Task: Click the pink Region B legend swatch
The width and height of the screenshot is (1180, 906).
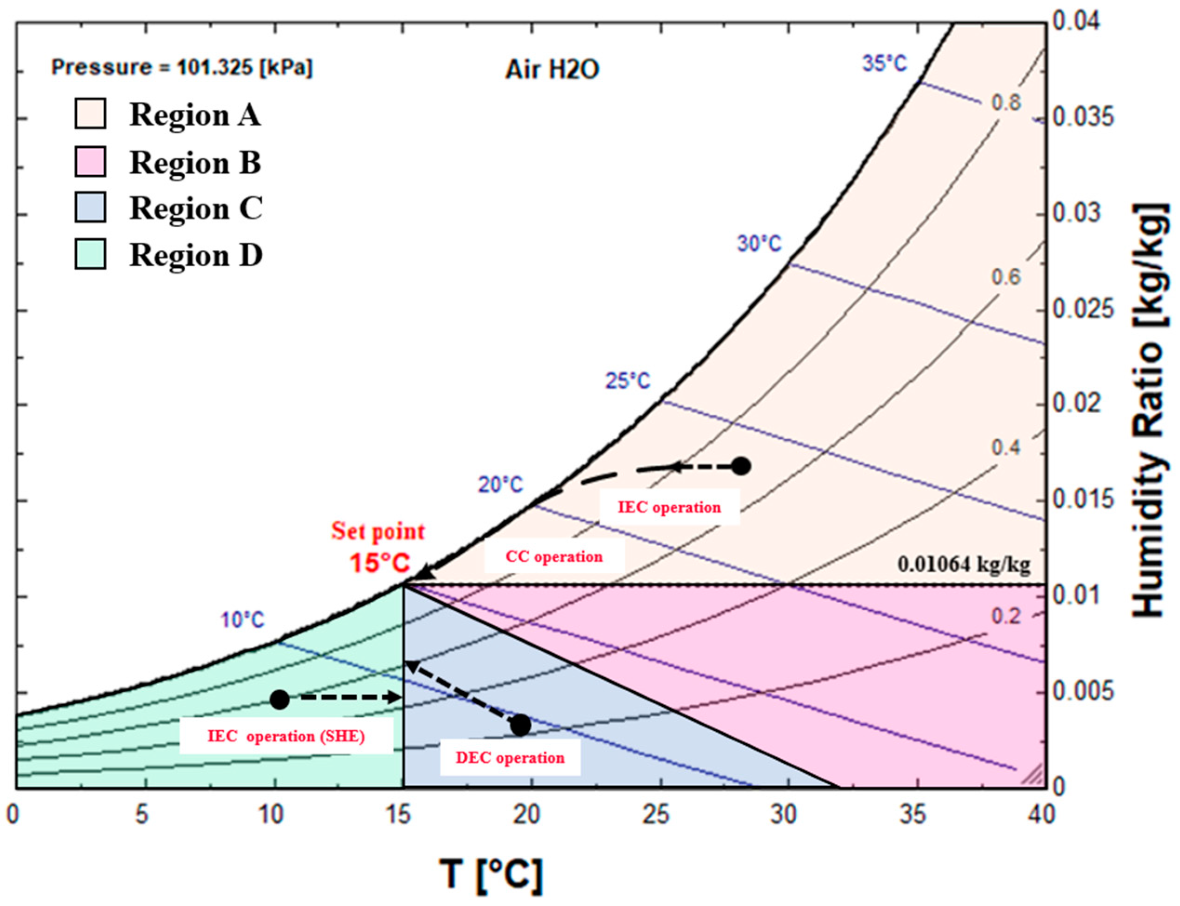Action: tap(90, 161)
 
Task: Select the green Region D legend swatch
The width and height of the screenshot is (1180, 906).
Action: tap(90, 253)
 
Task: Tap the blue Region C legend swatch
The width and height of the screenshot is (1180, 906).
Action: tap(90, 207)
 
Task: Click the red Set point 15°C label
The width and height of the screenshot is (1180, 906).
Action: tap(378, 547)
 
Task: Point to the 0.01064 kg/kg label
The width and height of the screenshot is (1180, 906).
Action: tap(963, 564)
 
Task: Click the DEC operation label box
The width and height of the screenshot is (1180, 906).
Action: tap(510, 758)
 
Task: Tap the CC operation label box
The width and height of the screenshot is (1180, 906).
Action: tap(554, 556)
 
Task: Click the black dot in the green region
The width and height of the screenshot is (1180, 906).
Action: tap(280, 700)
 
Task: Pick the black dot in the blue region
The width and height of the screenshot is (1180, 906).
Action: tap(520, 725)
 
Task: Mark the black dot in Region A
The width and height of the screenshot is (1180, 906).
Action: tap(741, 466)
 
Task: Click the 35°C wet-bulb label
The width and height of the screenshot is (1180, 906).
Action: tap(885, 64)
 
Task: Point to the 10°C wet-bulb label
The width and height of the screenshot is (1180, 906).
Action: tap(243, 620)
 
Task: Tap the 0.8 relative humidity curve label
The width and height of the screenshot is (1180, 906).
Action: tap(1006, 102)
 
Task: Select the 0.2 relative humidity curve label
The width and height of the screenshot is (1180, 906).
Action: tap(1006, 616)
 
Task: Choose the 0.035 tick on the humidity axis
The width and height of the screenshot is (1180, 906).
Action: tap(1082, 118)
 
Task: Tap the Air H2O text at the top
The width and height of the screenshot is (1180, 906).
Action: tap(552, 70)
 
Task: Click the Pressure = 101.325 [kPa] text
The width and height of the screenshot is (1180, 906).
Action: tap(182, 67)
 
